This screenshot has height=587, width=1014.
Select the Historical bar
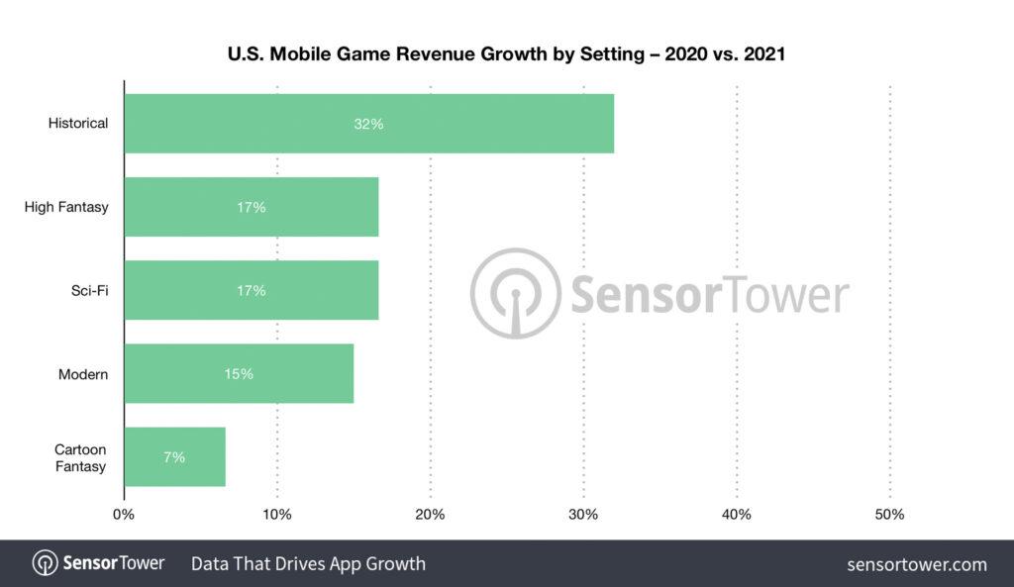pos(368,124)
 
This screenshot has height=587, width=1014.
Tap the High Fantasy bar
pos(252,207)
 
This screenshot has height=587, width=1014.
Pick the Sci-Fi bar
pos(252,290)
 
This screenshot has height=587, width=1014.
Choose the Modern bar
pos(239,374)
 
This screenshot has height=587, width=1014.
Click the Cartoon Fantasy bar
pos(174,457)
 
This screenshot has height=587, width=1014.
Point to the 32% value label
pos(368,124)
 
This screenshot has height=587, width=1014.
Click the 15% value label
pos(239,374)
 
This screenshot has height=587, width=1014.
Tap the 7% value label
pos(174,457)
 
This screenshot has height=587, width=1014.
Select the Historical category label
pos(78,124)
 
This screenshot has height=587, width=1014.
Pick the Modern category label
pos(83,374)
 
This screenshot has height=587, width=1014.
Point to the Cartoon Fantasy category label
pos(80,457)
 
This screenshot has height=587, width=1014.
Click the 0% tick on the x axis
pos(124,515)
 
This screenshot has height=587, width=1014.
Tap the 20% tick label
pos(430,515)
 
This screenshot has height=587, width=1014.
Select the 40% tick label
pos(737,515)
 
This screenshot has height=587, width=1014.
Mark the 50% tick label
pos(889,515)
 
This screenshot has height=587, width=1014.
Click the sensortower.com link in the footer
pos(917,564)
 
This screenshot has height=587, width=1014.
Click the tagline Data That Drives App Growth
pos(308,564)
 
